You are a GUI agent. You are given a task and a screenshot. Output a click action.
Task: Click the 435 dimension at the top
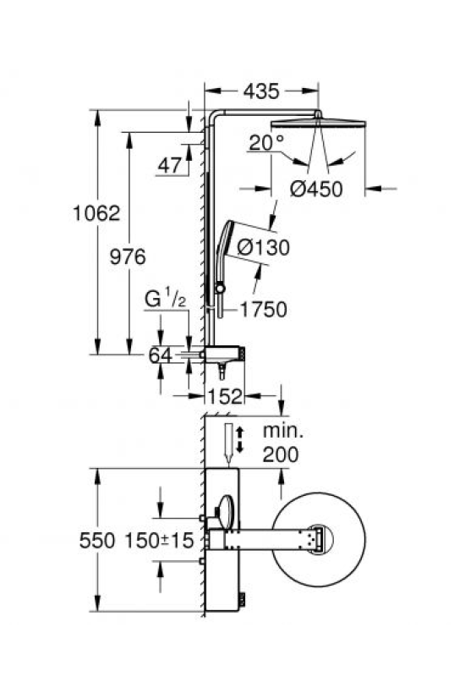point(261,91)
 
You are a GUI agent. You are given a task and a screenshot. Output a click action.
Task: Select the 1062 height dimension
point(96,213)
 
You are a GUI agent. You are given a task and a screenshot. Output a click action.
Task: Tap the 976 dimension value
point(128,256)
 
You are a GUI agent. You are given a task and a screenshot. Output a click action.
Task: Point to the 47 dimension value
point(170,166)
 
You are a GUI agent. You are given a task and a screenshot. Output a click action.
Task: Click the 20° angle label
point(266,142)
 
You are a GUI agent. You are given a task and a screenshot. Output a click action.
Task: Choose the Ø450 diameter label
point(316,189)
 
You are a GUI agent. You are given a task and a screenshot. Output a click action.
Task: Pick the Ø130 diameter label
point(264,247)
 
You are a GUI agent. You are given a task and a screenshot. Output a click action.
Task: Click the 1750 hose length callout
point(264,310)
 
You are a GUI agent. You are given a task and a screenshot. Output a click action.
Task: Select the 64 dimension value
point(160,355)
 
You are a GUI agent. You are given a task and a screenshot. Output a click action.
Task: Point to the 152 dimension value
point(225,396)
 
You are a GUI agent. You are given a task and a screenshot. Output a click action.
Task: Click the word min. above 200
point(283,431)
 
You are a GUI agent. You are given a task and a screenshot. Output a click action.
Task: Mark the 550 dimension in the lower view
point(96,541)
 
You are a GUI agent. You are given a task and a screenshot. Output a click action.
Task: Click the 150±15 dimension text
point(160,541)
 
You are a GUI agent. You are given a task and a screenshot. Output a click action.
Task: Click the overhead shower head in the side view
point(318,123)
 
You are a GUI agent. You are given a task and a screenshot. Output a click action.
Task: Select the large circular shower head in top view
point(319,540)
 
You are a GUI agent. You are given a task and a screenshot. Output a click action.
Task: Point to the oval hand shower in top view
point(225,512)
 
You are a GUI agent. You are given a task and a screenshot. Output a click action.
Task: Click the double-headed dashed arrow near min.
point(239,439)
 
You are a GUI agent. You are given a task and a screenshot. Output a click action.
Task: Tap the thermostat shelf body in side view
point(225,354)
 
